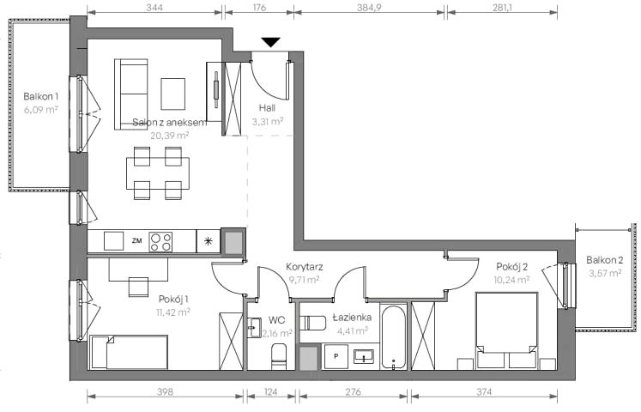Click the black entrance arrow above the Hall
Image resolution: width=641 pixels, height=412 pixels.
pos(270,42)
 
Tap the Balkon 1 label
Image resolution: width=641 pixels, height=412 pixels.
pos(41,97)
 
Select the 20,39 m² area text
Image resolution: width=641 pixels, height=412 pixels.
pos(170,136)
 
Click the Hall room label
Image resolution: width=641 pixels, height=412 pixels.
pos(267,108)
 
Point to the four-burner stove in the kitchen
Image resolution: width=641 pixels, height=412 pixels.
pos(160,241)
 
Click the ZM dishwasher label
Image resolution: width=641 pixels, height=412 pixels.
pos(137,241)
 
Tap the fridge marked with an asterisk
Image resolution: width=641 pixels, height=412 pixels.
pos(209,241)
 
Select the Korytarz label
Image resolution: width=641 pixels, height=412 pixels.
pos(305,267)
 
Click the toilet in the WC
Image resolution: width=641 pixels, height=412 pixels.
pos(279,356)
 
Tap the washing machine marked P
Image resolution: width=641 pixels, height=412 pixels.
pos(336,356)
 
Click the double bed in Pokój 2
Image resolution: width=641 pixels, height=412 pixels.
pos(506,330)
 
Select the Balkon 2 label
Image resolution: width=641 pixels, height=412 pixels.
pos(605,260)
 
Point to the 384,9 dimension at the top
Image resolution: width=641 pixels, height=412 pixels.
pos(369,8)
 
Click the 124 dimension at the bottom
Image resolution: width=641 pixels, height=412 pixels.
pos(271,392)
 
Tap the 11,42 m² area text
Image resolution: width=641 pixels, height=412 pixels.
pos(173,312)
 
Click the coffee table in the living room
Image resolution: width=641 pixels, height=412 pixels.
pos(173,94)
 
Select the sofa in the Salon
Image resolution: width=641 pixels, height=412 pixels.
pos(130,94)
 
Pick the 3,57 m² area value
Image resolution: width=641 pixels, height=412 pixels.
pos(605,273)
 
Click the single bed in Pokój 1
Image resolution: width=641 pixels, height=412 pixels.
pos(129,352)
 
